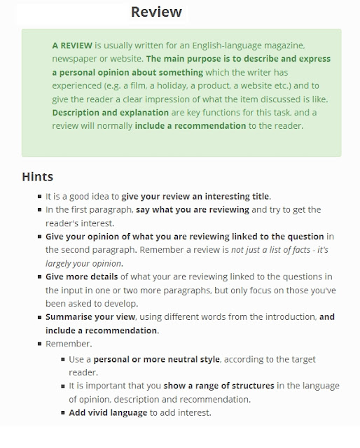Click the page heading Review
point(155,12)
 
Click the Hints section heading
point(37,176)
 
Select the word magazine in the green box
point(284,45)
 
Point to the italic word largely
point(62,264)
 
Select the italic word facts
point(287,251)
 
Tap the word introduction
point(275,317)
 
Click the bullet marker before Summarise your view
point(39,317)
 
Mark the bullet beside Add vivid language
point(62,412)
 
